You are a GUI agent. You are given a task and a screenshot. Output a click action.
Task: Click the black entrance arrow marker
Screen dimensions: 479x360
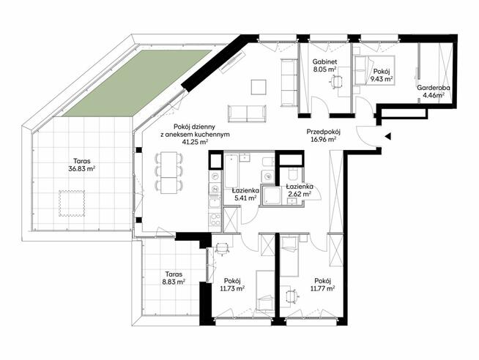click(388, 136)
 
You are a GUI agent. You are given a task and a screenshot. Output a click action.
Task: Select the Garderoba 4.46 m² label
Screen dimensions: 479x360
click(433, 91)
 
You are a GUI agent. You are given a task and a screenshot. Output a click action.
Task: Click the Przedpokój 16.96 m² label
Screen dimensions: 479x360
click(324, 136)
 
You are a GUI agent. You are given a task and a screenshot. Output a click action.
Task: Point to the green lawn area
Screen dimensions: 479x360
click(137, 83)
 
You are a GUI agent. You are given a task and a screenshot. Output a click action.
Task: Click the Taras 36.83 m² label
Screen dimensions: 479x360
click(82, 164)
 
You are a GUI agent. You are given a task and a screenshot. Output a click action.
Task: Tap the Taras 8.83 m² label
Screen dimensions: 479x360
click(174, 277)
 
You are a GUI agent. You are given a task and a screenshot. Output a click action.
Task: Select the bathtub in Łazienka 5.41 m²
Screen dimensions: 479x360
click(231, 170)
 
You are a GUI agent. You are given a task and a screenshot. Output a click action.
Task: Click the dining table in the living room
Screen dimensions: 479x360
click(169, 173)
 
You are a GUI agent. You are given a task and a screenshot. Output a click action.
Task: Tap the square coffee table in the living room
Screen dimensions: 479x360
click(259, 87)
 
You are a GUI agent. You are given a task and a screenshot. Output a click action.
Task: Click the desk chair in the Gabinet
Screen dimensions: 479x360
click(336, 81)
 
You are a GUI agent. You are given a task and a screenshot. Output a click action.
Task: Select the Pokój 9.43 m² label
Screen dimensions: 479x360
click(382, 75)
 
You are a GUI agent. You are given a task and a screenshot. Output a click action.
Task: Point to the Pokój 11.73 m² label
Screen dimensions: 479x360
click(232, 285)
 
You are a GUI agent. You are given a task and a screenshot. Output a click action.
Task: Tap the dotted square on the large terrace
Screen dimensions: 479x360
click(72, 203)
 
